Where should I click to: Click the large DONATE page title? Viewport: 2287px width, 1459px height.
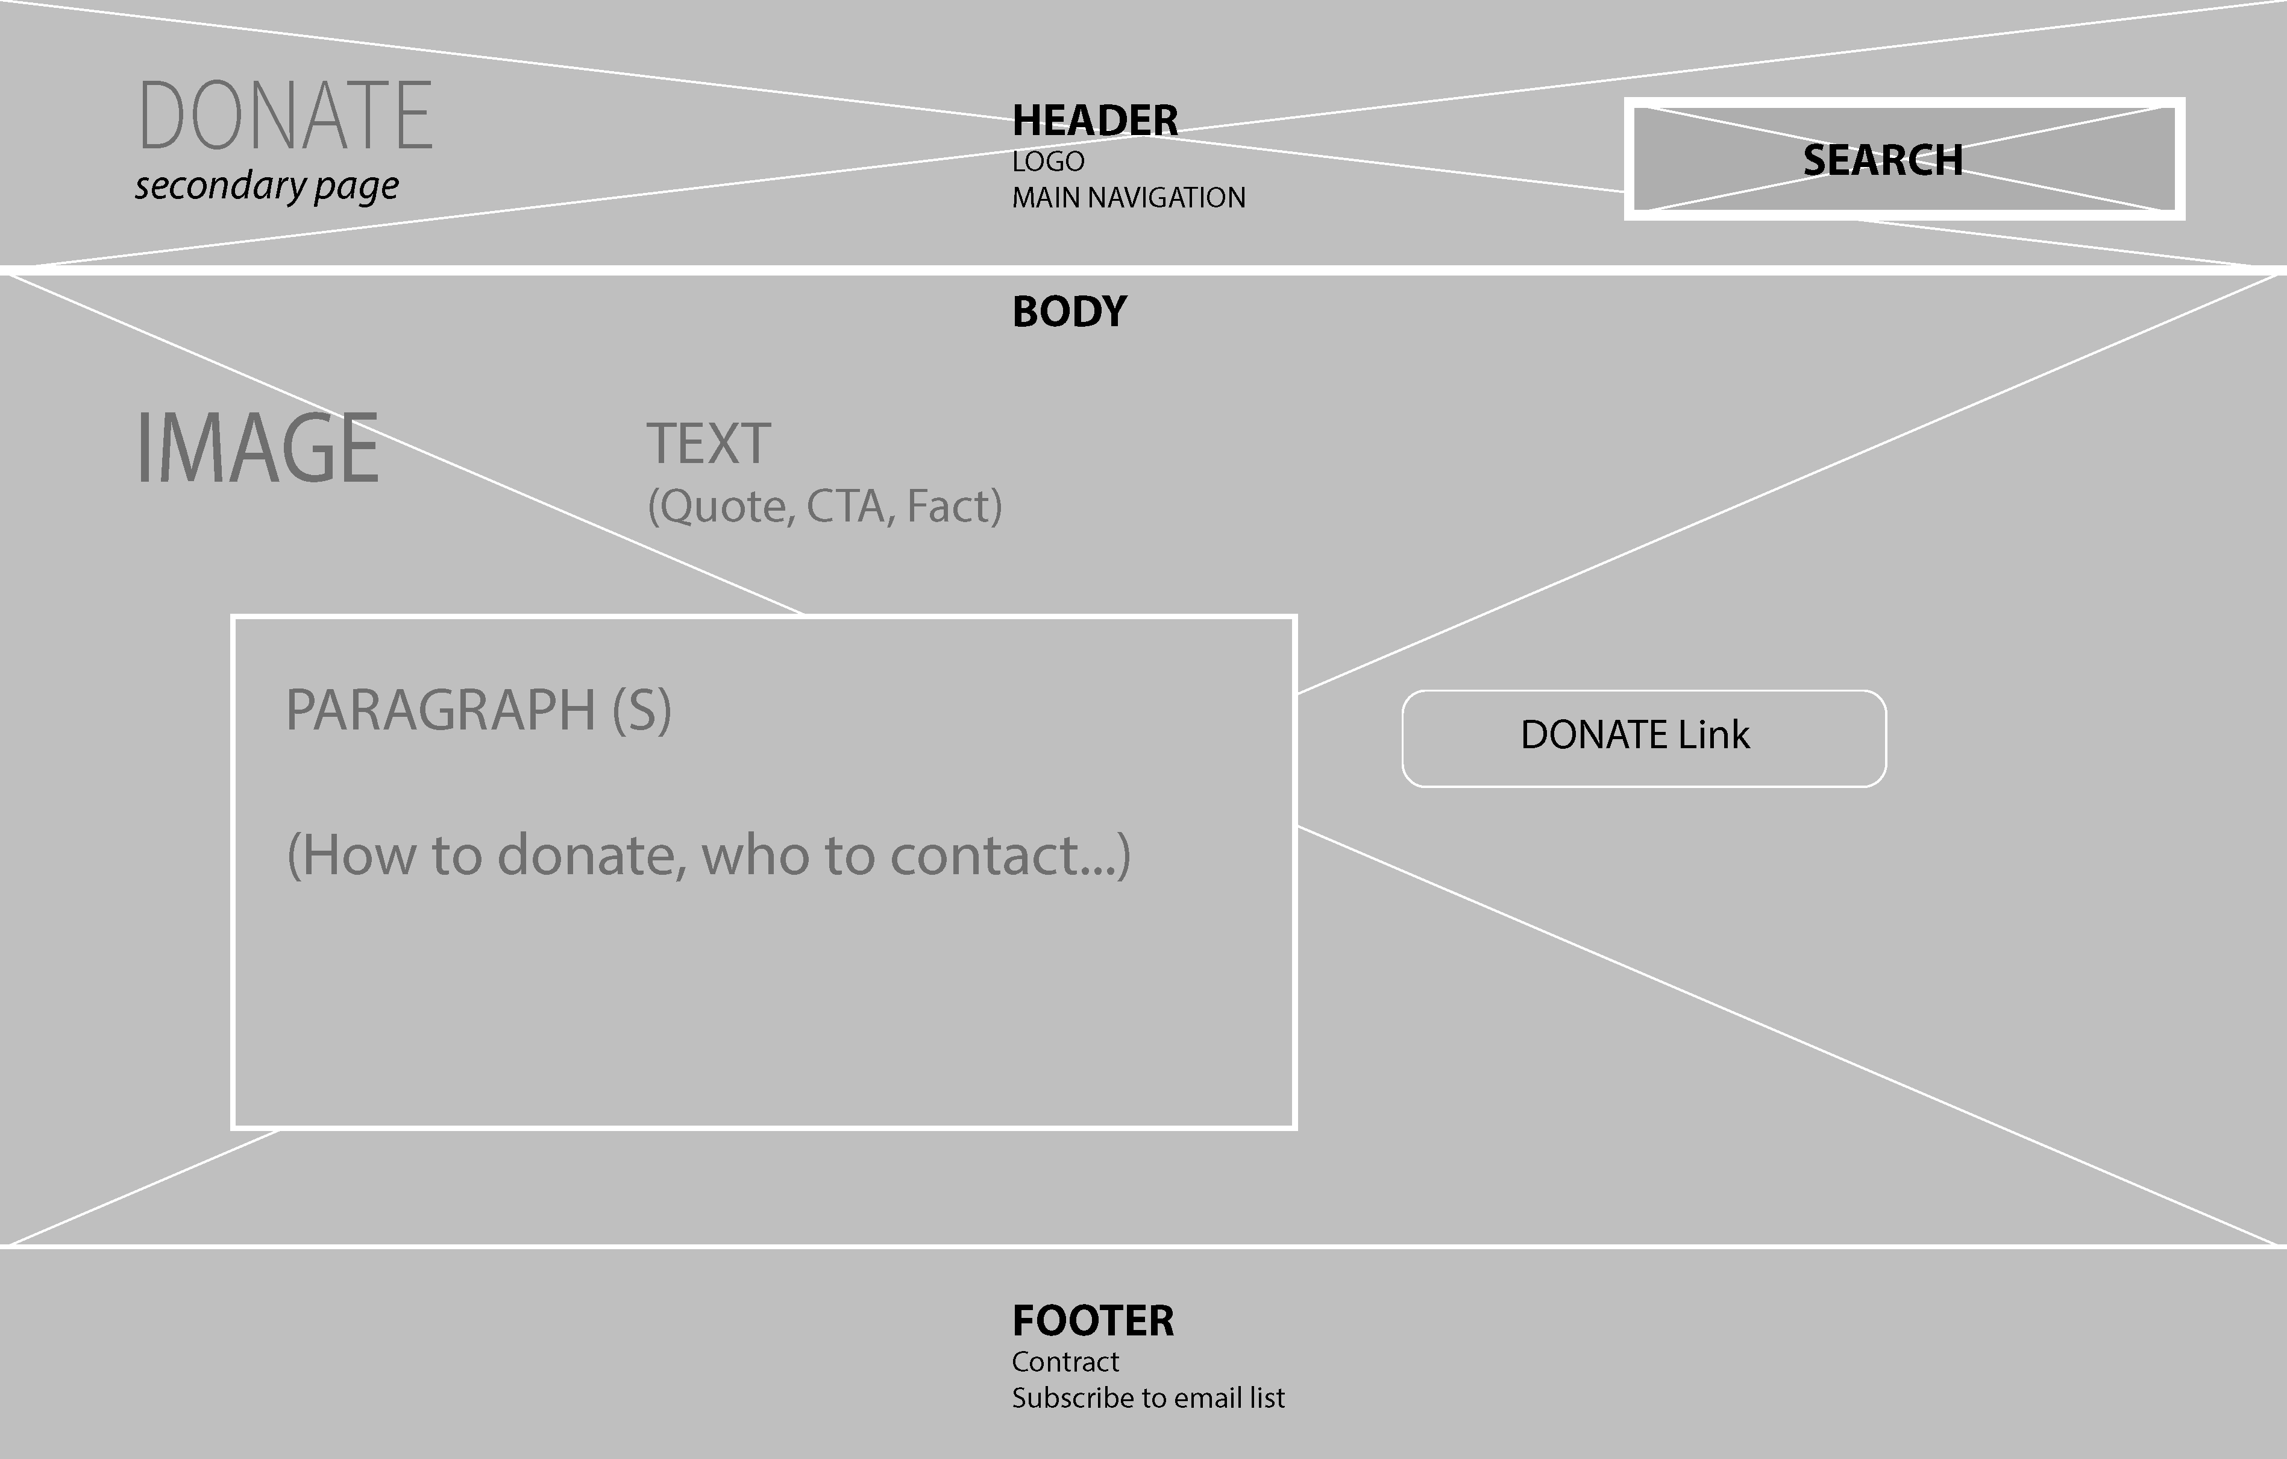tap(286, 116)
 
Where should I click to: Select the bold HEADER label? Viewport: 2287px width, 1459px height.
tap(1095, 121)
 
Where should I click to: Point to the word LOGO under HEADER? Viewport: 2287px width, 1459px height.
tap(1047, 162)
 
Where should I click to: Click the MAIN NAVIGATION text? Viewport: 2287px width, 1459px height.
tap(1128, 198)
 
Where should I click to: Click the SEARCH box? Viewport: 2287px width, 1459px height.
tap(1903, 159)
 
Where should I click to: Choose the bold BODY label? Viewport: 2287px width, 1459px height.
tap(1070, 312)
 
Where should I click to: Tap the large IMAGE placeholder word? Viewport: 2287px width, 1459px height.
tap(257, 449)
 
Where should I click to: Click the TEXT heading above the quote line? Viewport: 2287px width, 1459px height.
tap(709, 444)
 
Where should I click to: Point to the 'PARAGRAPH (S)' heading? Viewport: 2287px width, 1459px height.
tap(478, 710)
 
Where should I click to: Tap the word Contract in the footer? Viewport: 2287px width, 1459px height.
tap(1065, 1362)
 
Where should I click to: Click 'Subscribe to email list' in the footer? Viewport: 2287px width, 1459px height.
tap(1147, 1398)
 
